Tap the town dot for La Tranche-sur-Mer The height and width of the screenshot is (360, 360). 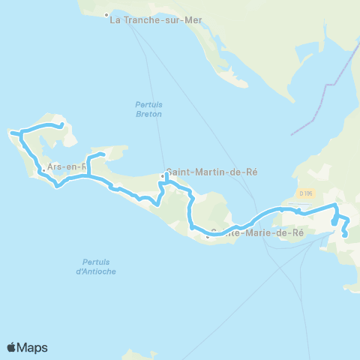(x=106, y=15)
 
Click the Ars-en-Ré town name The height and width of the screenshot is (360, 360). (x=63, y=168)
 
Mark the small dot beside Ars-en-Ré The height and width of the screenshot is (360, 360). (x=44, y=169)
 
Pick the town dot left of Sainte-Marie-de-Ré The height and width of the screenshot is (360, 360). (x=208, y=238)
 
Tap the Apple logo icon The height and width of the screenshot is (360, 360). (x=11, y=347)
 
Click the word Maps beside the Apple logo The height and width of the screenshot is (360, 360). (x=32, y=347)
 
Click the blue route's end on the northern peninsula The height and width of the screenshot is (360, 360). (x=61, y=125)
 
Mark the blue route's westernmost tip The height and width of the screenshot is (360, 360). (x=11, y=133)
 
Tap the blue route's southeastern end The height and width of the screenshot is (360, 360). (x=345, y=236)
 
